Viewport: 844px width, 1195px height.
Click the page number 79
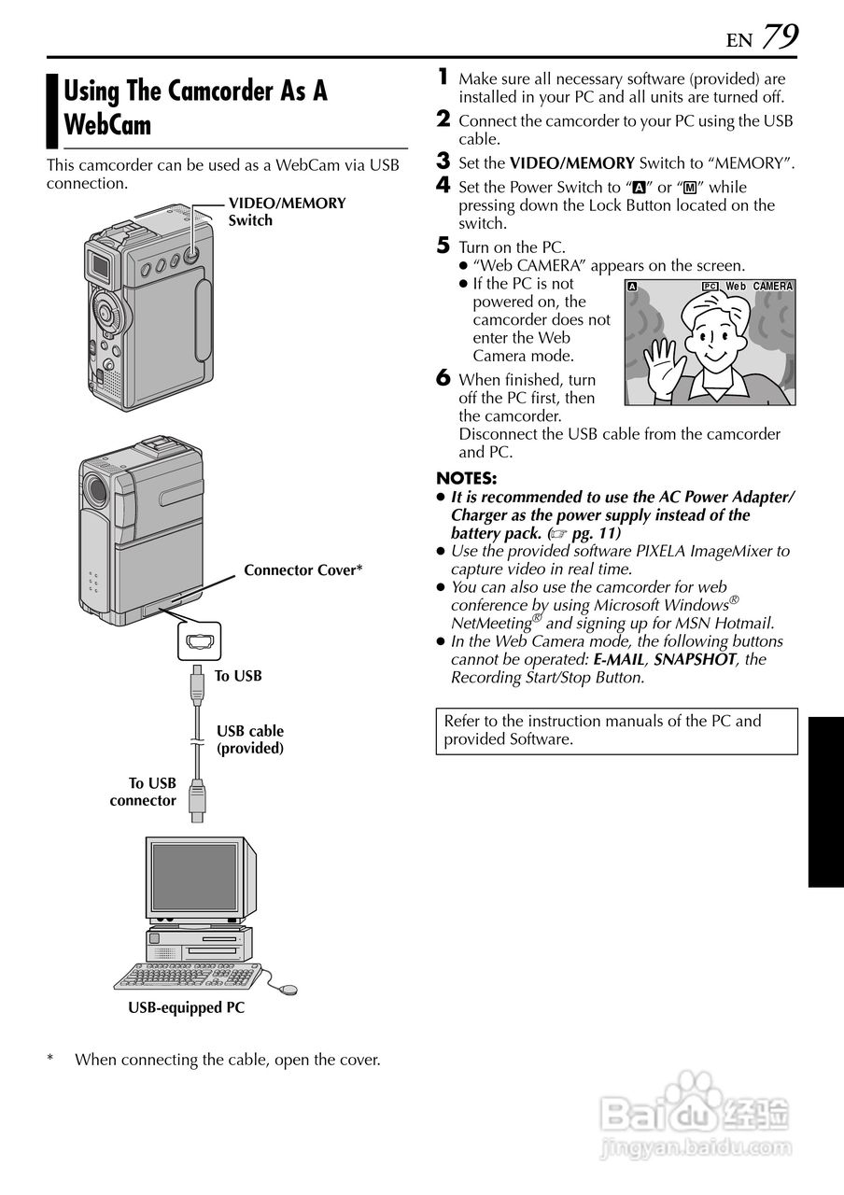click(x=780, y=36)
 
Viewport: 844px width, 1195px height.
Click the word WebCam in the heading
click(x=107, y=124)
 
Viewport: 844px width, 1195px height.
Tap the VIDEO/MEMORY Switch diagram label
click(x=287, y=212)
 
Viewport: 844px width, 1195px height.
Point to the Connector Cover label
click(x=302, y=569)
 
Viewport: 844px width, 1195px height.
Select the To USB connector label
click(x=143, y=792)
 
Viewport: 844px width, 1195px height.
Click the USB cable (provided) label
click(x=250, y=739)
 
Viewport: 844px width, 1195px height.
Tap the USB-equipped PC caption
click(x=186, y=1007)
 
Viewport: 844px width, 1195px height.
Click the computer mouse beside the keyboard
click(x=288, y=989)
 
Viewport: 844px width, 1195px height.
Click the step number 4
click(x=443, y=186)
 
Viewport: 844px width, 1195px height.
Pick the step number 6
click(x=443, y=377)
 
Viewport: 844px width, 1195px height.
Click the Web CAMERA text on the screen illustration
click(x=758, y=286)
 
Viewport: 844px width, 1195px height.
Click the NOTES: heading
click(x=466, y=480)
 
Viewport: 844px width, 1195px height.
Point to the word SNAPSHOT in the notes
click(x=695, y=659)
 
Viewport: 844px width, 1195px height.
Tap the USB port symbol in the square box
click(x=198, y=641)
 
